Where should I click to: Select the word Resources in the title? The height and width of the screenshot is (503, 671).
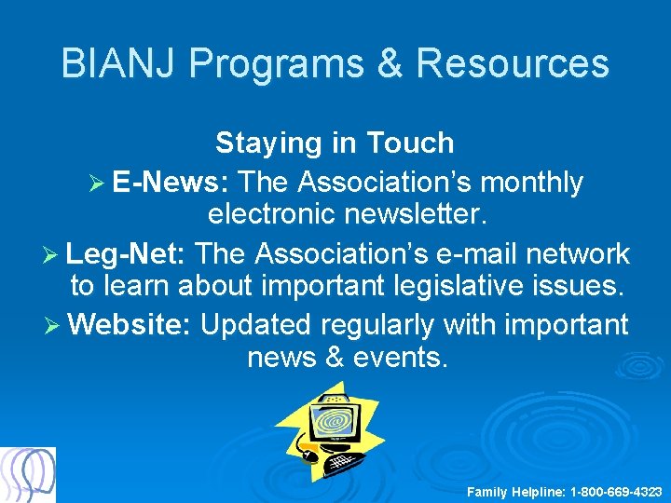click(x=513, y=63)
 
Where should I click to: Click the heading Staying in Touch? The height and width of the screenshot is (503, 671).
click(x=335, y=143)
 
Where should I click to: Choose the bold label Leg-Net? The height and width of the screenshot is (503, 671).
click(x=129, y=253)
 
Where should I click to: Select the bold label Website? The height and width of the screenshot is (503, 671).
click(x=130, y=325)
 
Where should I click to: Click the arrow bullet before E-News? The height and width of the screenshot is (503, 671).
click(x=96, y=184)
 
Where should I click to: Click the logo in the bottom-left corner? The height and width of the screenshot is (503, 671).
click(x=28, y=475)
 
